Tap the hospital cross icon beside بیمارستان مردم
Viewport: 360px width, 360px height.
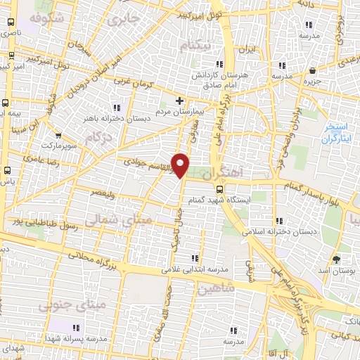(180, 101)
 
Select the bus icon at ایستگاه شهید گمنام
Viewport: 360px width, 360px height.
(220, 188)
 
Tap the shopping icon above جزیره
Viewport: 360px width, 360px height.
(311, 69)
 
